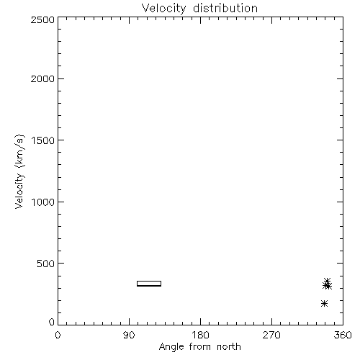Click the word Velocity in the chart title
(x=164, y=8)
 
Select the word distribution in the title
(x=225, y=8)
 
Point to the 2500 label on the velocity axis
(x=42, y=19)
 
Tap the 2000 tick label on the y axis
(x=42, y=78)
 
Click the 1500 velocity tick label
(x=43, y=140)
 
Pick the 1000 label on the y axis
(x=43, y=202)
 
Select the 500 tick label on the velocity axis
(x=46, y=264)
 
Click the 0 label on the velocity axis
(x=52, y=322)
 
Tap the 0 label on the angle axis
(x=58, y=335)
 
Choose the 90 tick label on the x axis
(x=129, y=335)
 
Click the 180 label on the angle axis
(x=200, y=335)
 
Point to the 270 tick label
(x=271, y=335)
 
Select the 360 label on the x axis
(x=343, y=335)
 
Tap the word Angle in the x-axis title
(x=171, y=347)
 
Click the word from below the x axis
(x=201, y=347)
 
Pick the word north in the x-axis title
(x=229, y=347)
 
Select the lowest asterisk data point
(x=324, y=304)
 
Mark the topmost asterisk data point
(x=328, y=281)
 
